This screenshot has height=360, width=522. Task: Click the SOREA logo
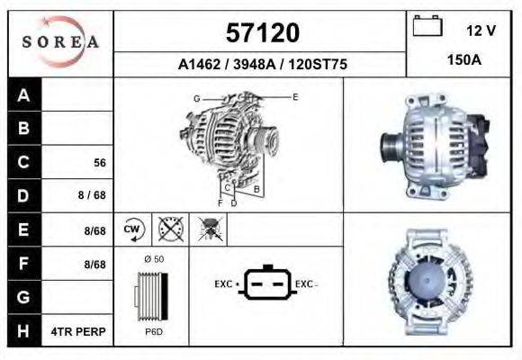60,42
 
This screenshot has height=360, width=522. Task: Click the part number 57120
261,33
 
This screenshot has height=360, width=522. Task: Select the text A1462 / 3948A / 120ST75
262,65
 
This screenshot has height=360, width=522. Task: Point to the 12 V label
481,30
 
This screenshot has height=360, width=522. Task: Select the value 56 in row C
100,163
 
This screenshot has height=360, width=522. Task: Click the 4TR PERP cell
80,331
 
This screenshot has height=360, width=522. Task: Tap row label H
24,331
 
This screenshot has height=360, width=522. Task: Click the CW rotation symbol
133,229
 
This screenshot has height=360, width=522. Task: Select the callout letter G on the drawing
196,97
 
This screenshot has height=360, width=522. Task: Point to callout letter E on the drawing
296,95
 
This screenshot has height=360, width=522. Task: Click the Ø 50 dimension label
153,258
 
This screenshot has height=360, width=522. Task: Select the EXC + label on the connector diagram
225,283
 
